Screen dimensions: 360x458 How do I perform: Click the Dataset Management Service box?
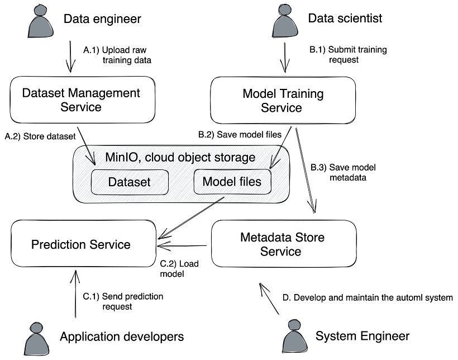point(81,100)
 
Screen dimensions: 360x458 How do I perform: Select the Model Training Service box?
point(283,100)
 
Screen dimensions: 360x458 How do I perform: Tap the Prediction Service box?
point(81,244)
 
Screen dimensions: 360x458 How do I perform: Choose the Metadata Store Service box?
point(283,244)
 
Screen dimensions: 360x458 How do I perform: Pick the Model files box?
point(232,182)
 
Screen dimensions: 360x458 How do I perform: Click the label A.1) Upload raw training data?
point(117,55)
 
